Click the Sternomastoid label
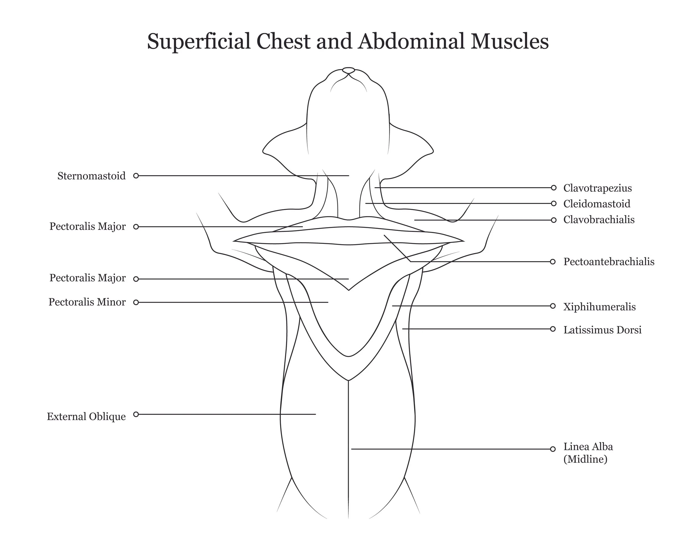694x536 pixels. (x=92, y=176)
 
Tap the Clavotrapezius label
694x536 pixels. (x=597, y=188)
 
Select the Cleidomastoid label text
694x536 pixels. (x=597, y=204)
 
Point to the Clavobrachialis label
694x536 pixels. (x=599, y=220)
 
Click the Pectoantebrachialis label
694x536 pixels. (x=608, y=262)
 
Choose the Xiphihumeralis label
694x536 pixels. (x=599, y=307)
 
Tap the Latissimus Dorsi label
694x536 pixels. (x=602, y=330)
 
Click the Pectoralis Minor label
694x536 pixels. (x=87, y=302)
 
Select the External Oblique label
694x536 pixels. (x=86, y=416)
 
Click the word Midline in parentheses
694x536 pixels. (x=585, y=459)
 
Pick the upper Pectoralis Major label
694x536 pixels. (x=88, y=226)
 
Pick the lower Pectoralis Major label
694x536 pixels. (x=88, y=278)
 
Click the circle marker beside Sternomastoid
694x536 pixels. (x=136, y=176)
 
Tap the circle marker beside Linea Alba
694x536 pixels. (x=553, y=449)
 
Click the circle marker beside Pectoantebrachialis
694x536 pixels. (x=553, y=262)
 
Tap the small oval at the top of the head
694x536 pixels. (x=348, y=70)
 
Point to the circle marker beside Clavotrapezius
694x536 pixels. (x=554, y=188)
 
